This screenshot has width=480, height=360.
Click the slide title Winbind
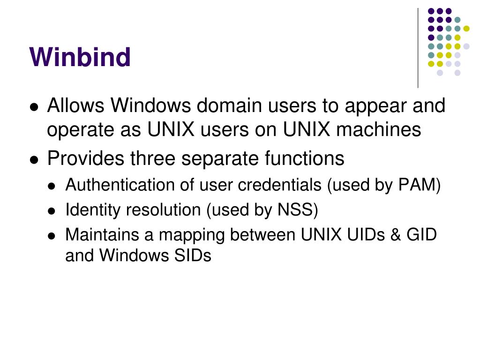point(80,57)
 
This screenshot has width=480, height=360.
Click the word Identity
point(93,210)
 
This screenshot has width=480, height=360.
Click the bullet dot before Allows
point(34,107)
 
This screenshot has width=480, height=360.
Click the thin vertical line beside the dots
point(418,47)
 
